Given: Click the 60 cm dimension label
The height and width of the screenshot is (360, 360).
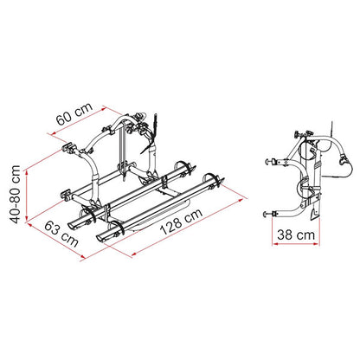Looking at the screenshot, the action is [74, 114].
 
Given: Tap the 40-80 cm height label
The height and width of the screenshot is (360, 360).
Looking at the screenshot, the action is [15, 194].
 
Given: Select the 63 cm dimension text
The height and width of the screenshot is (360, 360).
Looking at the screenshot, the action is [61, 235].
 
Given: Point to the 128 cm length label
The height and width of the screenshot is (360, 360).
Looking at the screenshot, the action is [182, 221].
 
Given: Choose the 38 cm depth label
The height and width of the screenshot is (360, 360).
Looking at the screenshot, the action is [296, 235].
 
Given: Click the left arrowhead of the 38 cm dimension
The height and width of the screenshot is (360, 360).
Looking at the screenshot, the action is [274, 244].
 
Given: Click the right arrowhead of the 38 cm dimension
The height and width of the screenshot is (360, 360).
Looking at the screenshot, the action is [317, 244].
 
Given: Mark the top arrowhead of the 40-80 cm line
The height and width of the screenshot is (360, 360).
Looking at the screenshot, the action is [27, 172].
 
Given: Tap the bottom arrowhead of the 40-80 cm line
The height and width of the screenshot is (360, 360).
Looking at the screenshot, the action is [27, 219].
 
